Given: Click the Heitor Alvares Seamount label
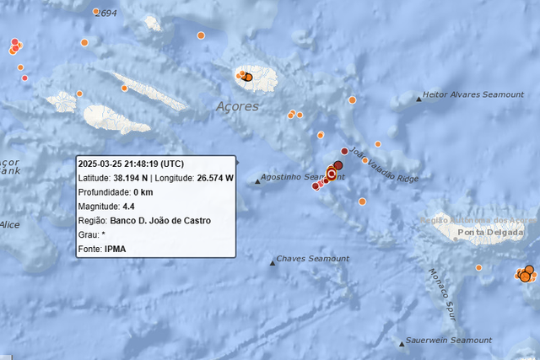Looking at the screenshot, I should pos(473,95).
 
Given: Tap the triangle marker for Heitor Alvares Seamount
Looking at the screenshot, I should pos(419,99).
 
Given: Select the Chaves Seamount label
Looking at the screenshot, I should pos(313,258).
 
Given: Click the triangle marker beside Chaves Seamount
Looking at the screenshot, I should pos(273,263).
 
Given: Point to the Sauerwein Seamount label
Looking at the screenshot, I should pos(449,340).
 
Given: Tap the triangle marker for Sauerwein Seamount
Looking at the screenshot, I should pos(402,343).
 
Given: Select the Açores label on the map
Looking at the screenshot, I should pos(237,107).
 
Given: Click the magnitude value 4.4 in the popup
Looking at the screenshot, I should pos(129,207).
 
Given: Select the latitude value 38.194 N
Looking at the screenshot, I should pos(132,178).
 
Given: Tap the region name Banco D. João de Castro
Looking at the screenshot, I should pos(161,221).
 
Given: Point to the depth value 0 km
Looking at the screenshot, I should pos(141,192).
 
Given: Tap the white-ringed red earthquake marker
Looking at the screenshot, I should pos(332,175).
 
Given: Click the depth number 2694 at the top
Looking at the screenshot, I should pos(107,13).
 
